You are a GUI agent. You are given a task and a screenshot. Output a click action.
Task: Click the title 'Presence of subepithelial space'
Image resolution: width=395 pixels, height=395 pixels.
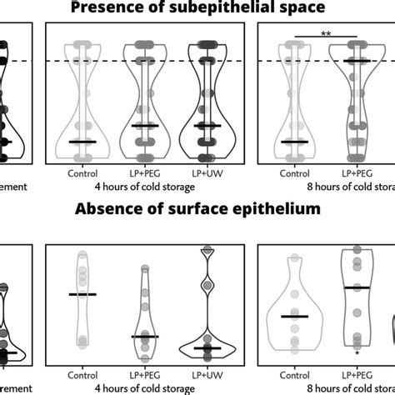(197, 7)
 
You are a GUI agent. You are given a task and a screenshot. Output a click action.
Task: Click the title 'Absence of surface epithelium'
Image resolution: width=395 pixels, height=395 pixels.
(197, 210)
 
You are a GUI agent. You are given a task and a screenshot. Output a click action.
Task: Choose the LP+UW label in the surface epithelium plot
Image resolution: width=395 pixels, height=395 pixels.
(206, 376)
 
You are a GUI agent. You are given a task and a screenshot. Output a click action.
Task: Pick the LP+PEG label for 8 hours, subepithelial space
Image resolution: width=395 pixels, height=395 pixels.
(357, 173)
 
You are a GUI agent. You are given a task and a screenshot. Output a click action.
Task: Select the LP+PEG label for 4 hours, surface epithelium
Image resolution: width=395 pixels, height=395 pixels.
(144, 376)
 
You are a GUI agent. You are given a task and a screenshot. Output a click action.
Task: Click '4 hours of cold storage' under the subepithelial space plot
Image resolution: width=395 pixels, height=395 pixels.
(144, 187)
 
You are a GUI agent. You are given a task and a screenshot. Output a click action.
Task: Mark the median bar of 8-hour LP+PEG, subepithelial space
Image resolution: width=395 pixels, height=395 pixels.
(357, 62)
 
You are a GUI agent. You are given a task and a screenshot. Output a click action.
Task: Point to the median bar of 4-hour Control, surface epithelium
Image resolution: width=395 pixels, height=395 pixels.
(82, 294)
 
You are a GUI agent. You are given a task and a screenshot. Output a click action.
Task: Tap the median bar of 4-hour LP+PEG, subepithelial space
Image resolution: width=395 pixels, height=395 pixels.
(144, 126)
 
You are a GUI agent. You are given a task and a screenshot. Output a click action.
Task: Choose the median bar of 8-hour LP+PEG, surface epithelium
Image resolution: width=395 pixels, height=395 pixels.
(357, 287)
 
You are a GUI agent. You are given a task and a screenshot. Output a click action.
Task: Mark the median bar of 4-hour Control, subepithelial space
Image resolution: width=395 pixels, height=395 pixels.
(82, 142)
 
